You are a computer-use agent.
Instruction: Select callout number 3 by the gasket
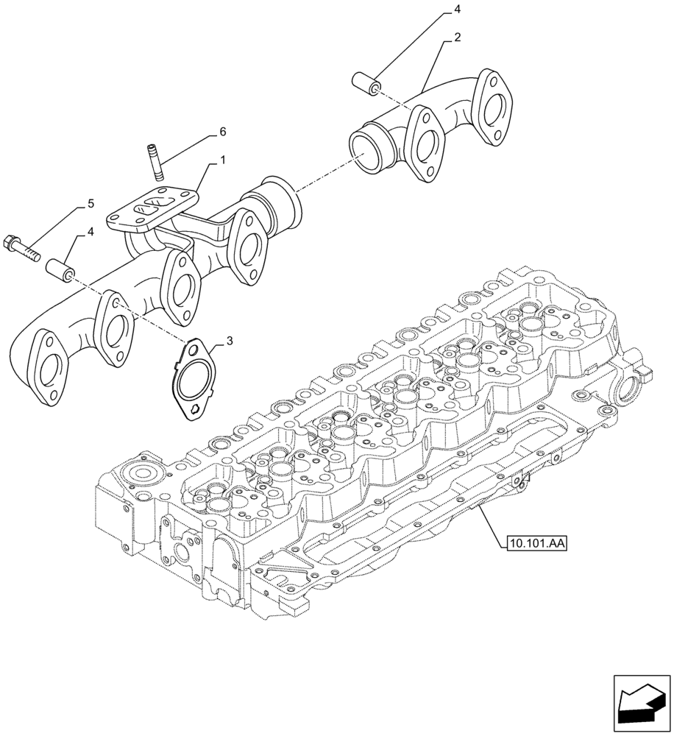[230, 341]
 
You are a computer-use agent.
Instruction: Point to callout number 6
[202, 132]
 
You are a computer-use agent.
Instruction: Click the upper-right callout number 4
[457, 10]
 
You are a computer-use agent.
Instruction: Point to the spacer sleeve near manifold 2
[366, 83]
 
